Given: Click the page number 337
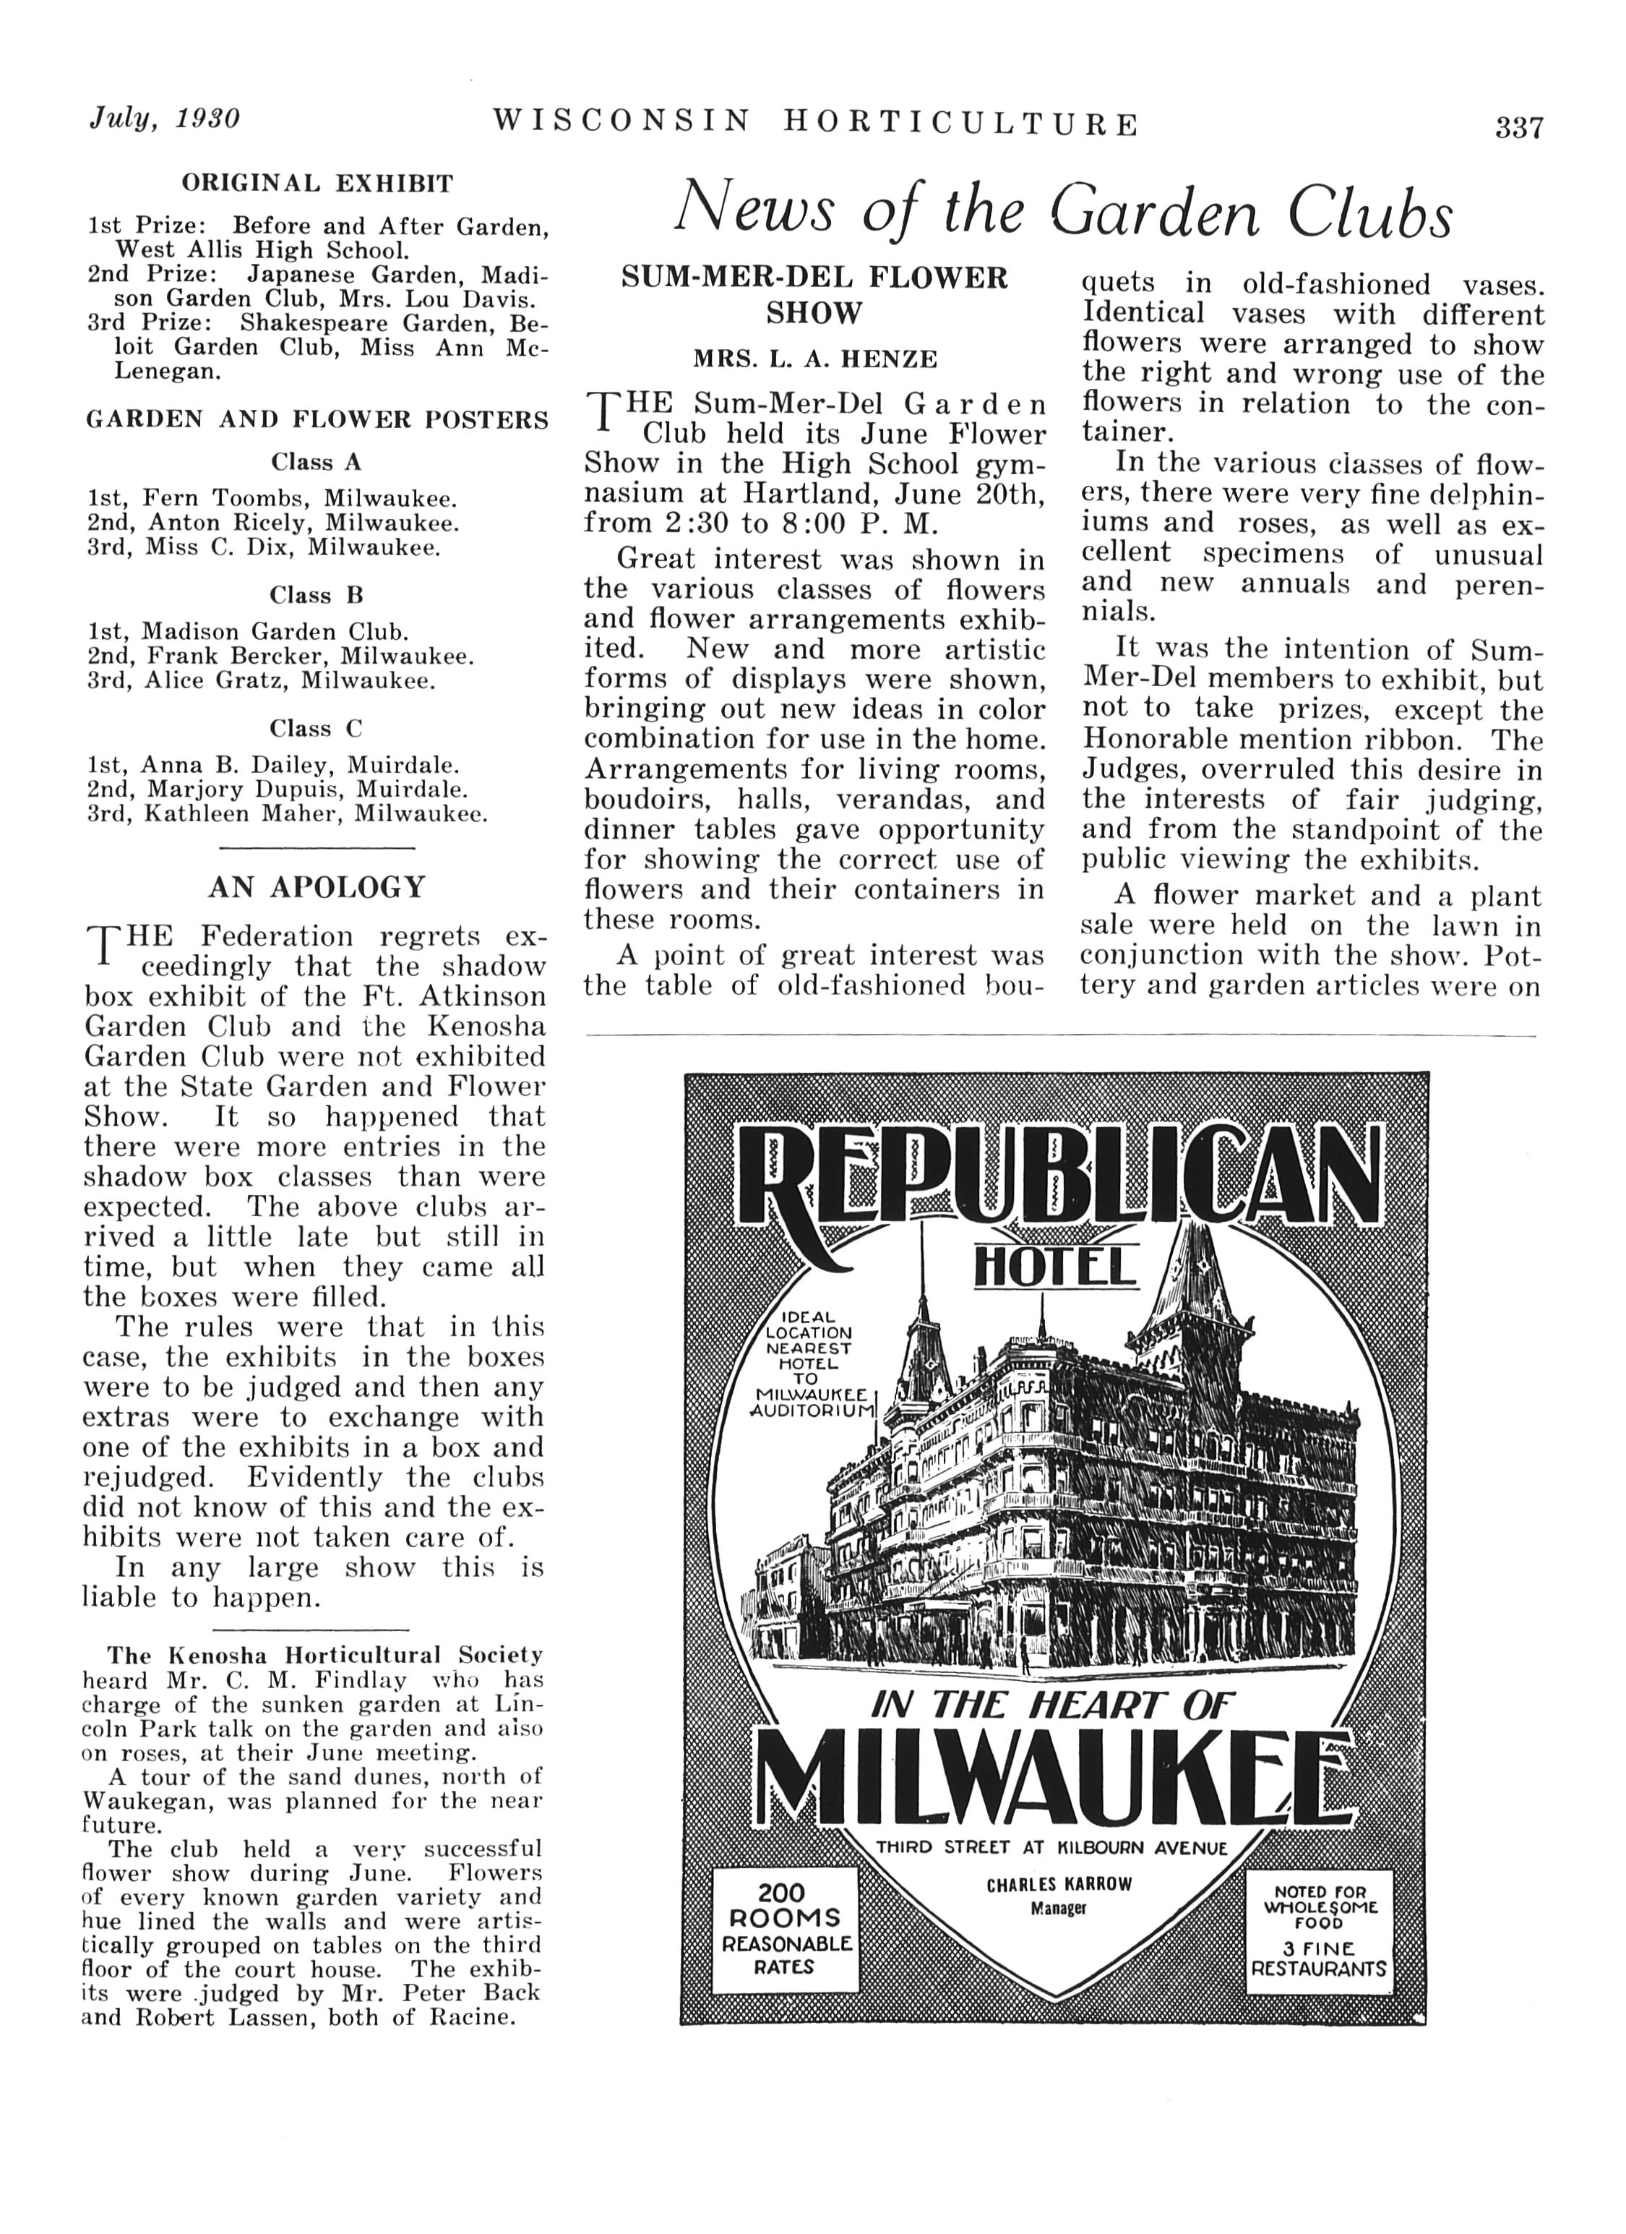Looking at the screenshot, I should [1518, 128].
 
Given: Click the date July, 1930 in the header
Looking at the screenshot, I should [165, 119].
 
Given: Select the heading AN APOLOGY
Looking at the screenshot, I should [316, 888].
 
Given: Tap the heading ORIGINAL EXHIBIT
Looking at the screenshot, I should [317, 183].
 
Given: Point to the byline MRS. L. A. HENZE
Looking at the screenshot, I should [814, 359].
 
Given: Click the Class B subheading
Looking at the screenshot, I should [316, 595].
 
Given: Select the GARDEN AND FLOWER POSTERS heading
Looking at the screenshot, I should [317, 421].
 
